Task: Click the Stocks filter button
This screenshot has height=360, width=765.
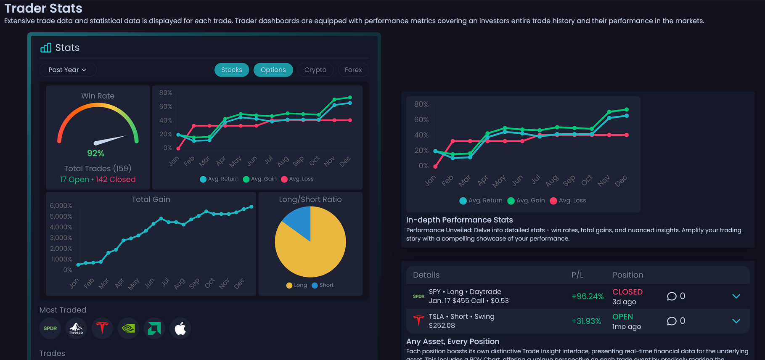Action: click(x=232, y=70)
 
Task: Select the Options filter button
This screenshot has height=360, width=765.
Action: click(x=273, y=70)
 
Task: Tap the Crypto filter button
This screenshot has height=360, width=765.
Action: click(x=315, y=70)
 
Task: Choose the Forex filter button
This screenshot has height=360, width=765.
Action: click(x=353, y=70)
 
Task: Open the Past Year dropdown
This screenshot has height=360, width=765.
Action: click(x=68, y=70)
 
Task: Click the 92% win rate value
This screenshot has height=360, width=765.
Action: click(x=96, y=154)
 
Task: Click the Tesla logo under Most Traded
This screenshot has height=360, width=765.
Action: click(x=102, y=328)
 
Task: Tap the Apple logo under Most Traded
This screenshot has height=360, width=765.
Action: click(x=180, y=328)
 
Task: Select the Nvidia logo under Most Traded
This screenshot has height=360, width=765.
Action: click(x=128, y=328)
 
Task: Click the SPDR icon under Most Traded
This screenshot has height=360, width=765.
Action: click(x=50, y=328)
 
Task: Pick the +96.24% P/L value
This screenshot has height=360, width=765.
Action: click(x=587, y=296)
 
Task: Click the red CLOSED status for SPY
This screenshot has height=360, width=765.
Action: click(x=627, y=292)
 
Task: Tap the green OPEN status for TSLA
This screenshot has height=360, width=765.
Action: click(x=622, y=317)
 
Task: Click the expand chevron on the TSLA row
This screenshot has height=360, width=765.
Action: click(x=736, y=321)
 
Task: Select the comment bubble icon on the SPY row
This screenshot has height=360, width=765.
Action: click(x=672, y=296)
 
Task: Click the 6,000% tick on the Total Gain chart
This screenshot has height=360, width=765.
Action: click(x=61, y=206)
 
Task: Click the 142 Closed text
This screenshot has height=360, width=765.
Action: click(x=116, y=180)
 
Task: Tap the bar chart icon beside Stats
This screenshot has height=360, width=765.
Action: click(x=46, y=48)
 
